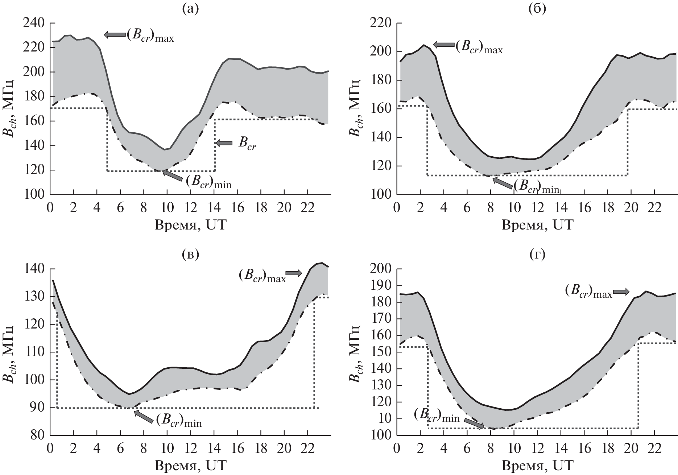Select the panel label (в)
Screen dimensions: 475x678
tap(190, 255)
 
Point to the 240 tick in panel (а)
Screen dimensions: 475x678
tap(33, 23)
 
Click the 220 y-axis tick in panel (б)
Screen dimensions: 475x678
tap(380, 23)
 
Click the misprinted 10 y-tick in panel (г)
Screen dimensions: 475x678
tap(385, 419)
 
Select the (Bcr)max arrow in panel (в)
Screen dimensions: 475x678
tap(294, 273)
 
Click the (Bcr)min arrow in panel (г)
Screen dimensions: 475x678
tap(474, 423)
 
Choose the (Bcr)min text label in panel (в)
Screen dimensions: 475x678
tap(179, 421)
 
